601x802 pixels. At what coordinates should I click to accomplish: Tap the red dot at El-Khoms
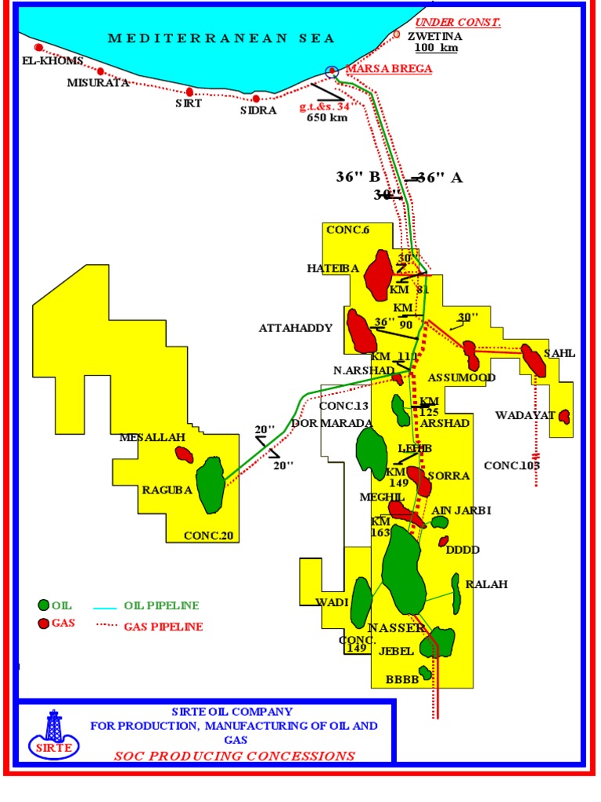(38, 48)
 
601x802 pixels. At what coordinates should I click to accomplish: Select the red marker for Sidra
(256, 99)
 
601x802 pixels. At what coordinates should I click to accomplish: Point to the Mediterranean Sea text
(221, 38)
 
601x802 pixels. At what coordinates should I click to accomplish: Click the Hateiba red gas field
(380, 275)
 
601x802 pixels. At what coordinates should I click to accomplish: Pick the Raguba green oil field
(210, 485)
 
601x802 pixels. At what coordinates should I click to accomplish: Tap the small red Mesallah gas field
(185, 454)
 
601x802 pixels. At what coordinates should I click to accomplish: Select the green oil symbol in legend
(44, 605)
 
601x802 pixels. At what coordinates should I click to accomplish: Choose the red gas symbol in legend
(44, 623)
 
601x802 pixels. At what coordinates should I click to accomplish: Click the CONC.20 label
(208, 536)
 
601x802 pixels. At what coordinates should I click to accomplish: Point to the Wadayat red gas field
(563, 417)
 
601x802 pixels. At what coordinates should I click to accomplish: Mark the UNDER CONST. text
(458, 22)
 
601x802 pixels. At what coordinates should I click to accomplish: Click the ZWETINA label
(438, 36)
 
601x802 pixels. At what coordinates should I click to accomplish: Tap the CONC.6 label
(347, 229)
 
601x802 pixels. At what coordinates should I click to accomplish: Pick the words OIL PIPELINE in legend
(161, 605)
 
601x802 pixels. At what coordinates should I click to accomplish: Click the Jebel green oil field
(437, 642)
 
